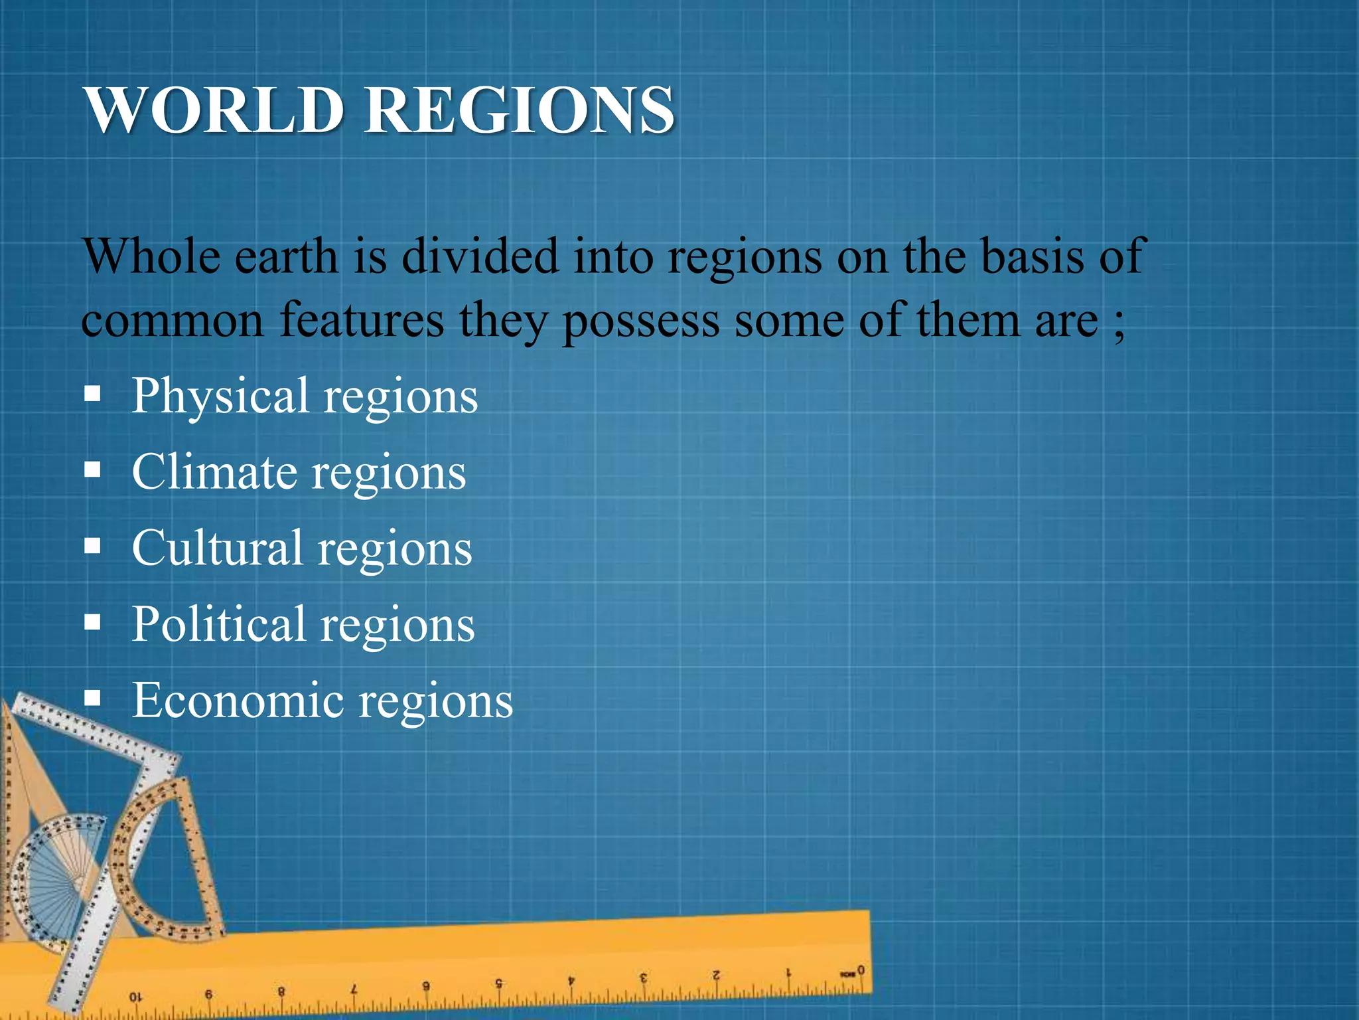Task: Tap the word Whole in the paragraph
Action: coord(151,256)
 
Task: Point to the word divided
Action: coord(480,256)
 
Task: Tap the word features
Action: coord(362,320)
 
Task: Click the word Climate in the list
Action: coord(214,473)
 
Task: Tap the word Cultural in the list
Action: coord(217,549)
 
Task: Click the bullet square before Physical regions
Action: coord(92,396)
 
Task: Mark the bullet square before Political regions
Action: coord(92,624)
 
